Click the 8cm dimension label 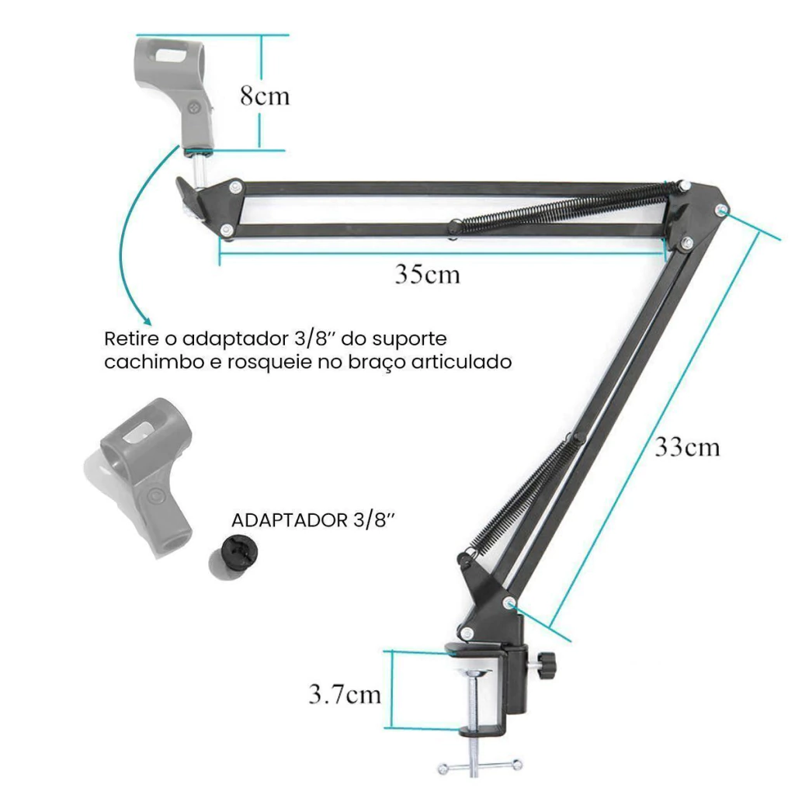pos(265,95)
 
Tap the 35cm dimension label pos(428,274)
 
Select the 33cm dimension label pos(687,446)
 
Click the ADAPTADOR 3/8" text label pos(313,520)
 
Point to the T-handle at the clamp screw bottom pos(480,766)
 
